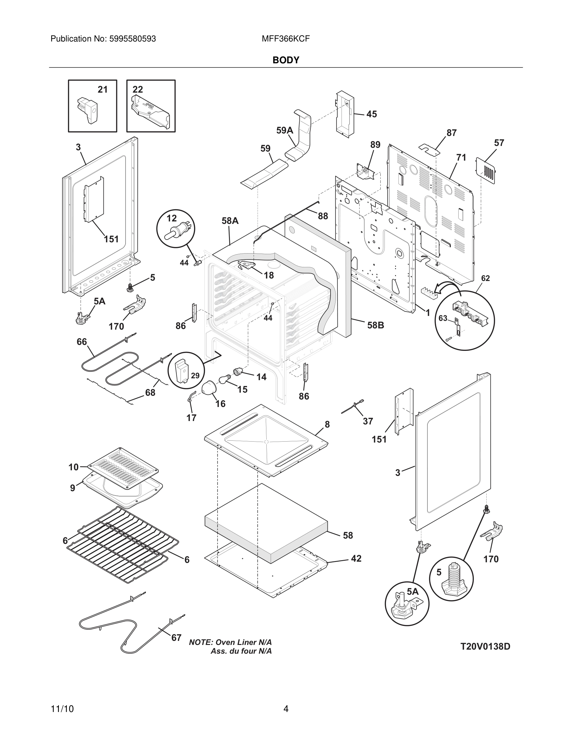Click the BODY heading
286,60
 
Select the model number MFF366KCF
285,39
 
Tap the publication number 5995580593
132,39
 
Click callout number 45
371,114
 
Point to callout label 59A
284,130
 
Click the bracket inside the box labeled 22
150,111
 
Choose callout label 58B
375,325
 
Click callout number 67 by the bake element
176,637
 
